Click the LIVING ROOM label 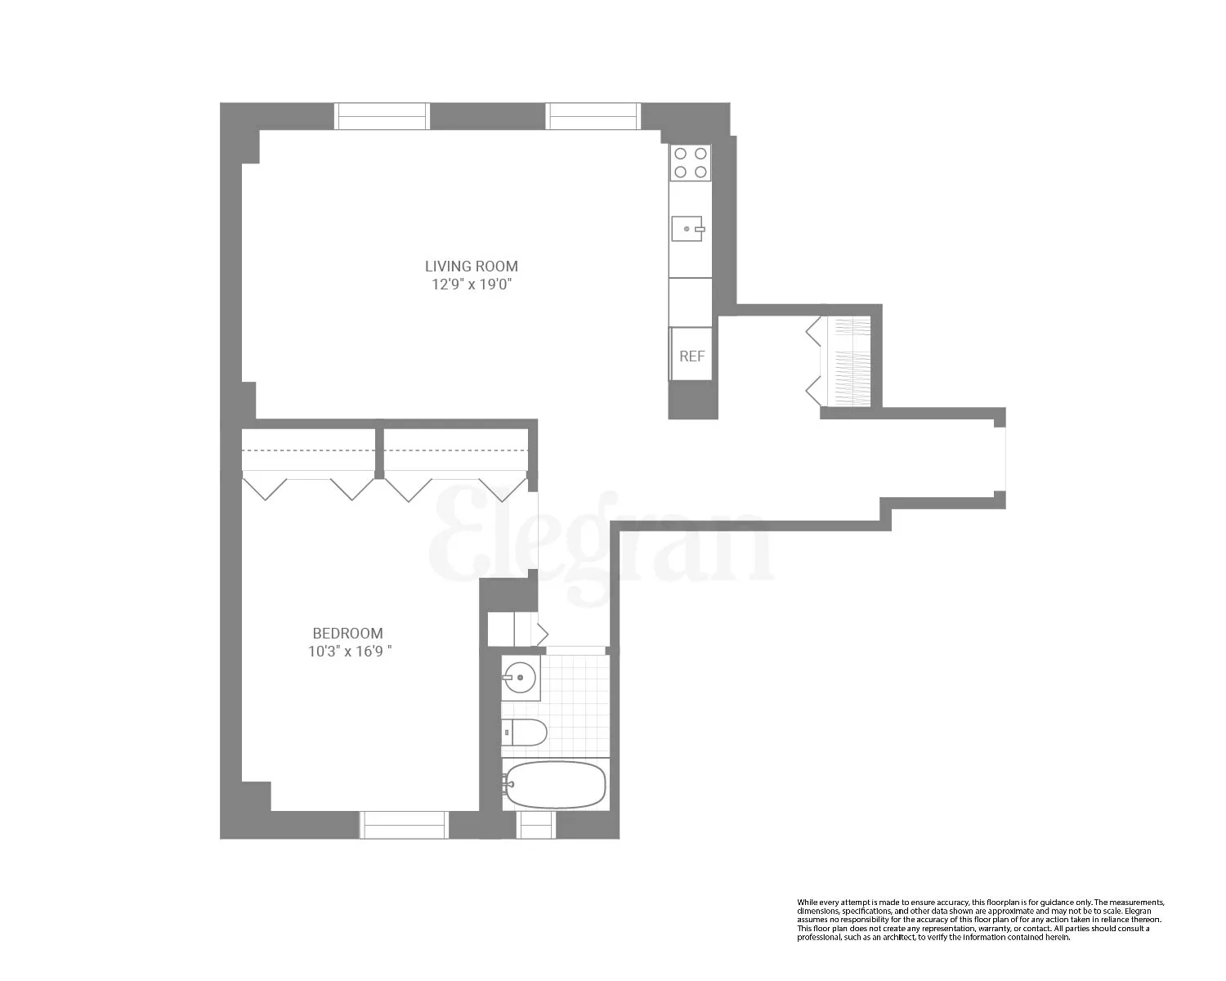(x=471, y=266)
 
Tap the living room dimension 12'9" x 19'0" (x=471, y=284)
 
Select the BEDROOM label (x=347, y=633)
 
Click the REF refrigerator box (x=691, y=356)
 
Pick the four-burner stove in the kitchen (x=690, y=162)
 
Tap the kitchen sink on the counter (x=687, y=229)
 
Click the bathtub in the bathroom (x=555, y=785)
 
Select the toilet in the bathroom (x=524, y=732)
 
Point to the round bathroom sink (x=520, y=678)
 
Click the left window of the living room (x=382, y=117)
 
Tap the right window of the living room (x=593, y=117)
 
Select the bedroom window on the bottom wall (x=404, y=825)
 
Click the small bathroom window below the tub (x=536, y=825)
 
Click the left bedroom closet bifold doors (x=309, y=486)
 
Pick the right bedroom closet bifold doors (x=455, y=486)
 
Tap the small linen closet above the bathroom (x=512, y=629)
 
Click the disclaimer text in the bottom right (x=980, y=920)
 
